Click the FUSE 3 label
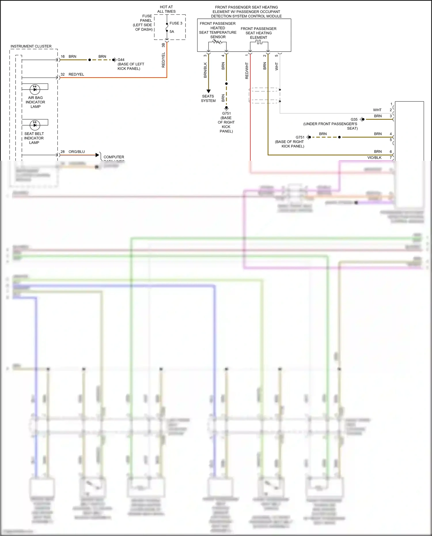click(x=176, y=23)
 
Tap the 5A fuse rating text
click(x=172, y=32)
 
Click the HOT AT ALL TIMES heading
click(x=166, y=9)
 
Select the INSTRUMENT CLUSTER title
click(x=31, y=46)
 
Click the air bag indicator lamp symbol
click(x=35, y=89)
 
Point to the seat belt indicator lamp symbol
click(x=35, y=125)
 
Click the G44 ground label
click(x=121, y=60)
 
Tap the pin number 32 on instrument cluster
click(x=62, y=74)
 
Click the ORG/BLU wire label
click(x=77, y=152)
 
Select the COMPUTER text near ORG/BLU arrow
click(x=114, y=157)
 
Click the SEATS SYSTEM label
click(x=208, y=99)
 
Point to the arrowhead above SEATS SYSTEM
click(x=209, y=91)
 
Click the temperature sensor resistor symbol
click(x=217, y=42)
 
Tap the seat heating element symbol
click(x=259, y=42)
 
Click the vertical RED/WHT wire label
click(x=247, y=71)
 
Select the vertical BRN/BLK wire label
click(x=205, y=70)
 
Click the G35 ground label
click(x=354, y=120)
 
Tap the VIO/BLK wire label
click(x=374, y=158)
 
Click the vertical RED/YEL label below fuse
click(x=164, y=60)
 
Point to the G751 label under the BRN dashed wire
click(x=226, y=113)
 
